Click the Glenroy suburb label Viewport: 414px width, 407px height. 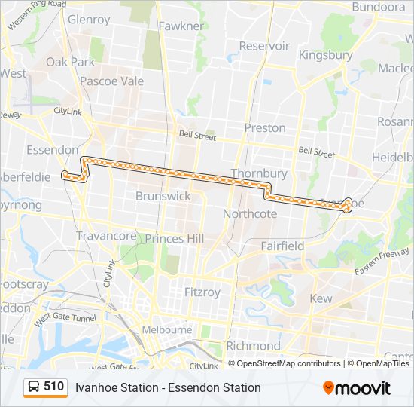pos(89,20)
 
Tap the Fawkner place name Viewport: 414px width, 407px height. pos(181,26)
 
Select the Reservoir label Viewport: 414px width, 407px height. pos(264,46)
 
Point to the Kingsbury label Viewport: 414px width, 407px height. pos(325,55)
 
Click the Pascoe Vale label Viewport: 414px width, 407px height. pos(111,81)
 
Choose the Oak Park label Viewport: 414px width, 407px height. pos(70,62)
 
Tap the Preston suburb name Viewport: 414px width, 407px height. pos(264,128)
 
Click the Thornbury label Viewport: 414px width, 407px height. pos(259,173)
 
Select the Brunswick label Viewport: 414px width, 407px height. pos(163,196)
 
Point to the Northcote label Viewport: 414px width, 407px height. pos(250,214)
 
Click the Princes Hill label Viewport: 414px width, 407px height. pos(174,238)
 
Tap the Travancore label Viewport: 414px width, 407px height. pos(106,236)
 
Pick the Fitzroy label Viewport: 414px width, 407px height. pos(203,291)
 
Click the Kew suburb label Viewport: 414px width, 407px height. pos(321,298)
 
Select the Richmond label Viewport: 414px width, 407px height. pos(253,346)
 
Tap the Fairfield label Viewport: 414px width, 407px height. pos(282,246)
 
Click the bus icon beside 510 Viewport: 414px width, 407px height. pos(34,387)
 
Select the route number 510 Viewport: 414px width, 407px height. pos(53,387)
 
